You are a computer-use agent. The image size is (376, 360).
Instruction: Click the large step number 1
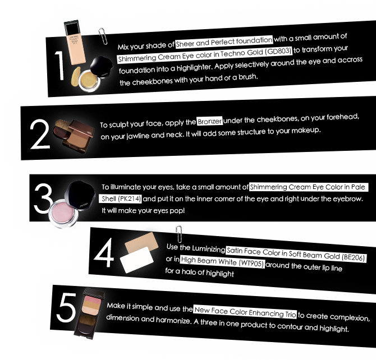[x=60, y=66]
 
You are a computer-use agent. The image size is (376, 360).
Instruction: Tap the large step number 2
[x=40, y=134]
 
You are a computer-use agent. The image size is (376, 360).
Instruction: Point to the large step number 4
[x=104, y=252]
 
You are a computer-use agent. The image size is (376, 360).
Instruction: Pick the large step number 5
[x=66, y=307]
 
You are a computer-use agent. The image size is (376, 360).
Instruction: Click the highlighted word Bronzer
[x=209, y=121]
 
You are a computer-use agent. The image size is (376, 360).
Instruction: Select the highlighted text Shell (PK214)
[x=121, y=199]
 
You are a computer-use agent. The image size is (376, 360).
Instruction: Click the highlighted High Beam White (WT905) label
[x=222, y=261]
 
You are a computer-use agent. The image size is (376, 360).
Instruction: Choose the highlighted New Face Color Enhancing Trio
[x=245, y=312]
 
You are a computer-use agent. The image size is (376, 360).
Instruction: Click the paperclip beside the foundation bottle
[x=103, y=36]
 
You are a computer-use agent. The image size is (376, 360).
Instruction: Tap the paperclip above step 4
[x=179, y=234]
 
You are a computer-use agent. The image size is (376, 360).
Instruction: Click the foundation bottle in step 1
[x=75, y=43]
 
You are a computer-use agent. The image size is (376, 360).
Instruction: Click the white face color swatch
[x=137, y=260]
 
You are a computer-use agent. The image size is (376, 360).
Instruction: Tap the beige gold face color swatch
[x=142, y=242]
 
